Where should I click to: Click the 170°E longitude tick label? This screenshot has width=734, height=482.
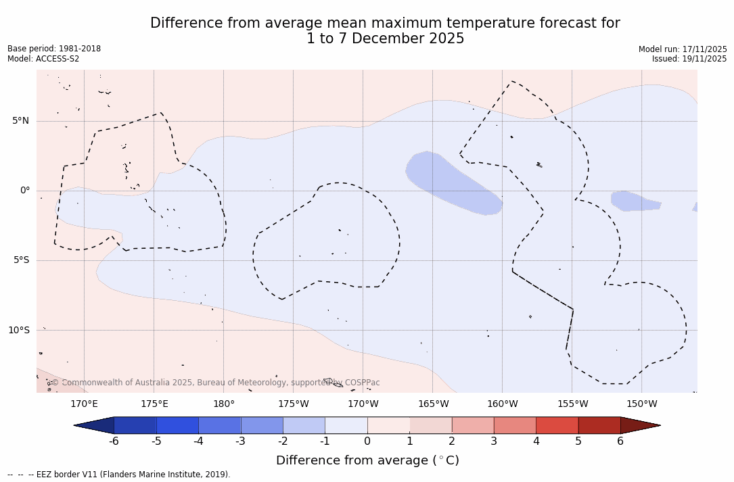(x=84, y=404)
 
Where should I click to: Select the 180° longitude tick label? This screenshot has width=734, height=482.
(x=224, y=404)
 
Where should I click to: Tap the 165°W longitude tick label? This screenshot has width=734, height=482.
(x=433, y=404)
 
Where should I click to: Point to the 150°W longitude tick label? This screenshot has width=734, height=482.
(x=642, y=404)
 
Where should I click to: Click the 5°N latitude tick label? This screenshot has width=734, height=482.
(x=21, y=121)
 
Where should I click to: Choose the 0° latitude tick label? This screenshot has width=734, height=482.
(x=25, y=191)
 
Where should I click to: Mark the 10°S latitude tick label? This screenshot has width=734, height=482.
(x=19, y=330)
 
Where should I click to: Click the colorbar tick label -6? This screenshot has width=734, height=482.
(x=114, y=441)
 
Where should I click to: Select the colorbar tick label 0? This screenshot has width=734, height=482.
(x=367, y=441)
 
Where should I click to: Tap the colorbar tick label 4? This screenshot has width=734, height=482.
(x=536, y=441)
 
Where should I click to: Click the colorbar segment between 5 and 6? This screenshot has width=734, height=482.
(x=599, y=425)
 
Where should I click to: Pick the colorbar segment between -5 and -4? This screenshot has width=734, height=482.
(x=177, y=425)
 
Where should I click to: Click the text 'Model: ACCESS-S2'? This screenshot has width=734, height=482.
(x=43, y=59)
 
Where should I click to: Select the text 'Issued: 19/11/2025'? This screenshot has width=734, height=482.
(x=689, y=59)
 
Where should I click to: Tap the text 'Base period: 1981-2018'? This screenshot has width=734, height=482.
(x=54, y=49)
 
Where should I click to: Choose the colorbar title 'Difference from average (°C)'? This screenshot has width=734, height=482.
(x=367, y=460)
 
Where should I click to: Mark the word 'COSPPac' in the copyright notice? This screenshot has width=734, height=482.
(x=363, y=383)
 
